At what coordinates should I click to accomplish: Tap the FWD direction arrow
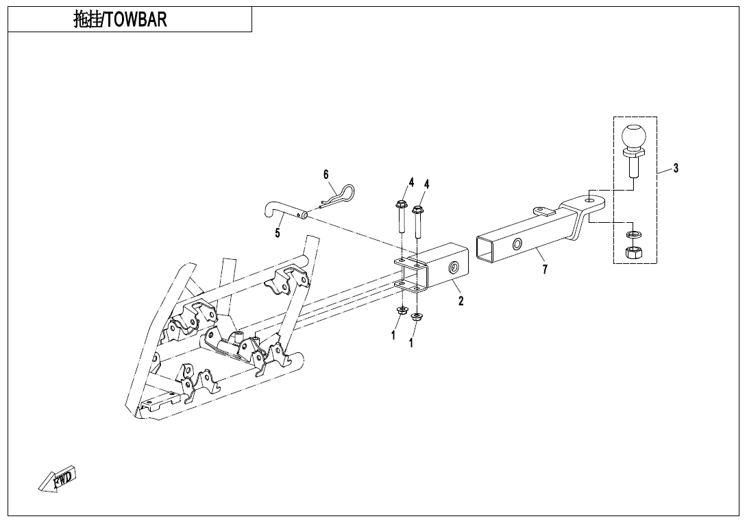point(58,478)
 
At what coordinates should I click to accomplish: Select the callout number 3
point(676,168)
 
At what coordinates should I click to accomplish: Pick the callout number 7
point(545,269)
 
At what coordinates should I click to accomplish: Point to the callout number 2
point(461,300)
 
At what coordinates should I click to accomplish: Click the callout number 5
point(278,233)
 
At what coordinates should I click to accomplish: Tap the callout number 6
point(326,174)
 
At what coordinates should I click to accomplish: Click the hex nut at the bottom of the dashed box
point(633,252)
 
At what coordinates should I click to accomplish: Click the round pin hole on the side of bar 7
point(517,244)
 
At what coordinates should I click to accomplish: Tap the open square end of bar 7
point(485,248)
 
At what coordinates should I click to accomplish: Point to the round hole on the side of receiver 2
point(452,268)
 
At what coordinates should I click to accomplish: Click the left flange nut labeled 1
point(400,313)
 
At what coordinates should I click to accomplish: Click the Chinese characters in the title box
point(87,20)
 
